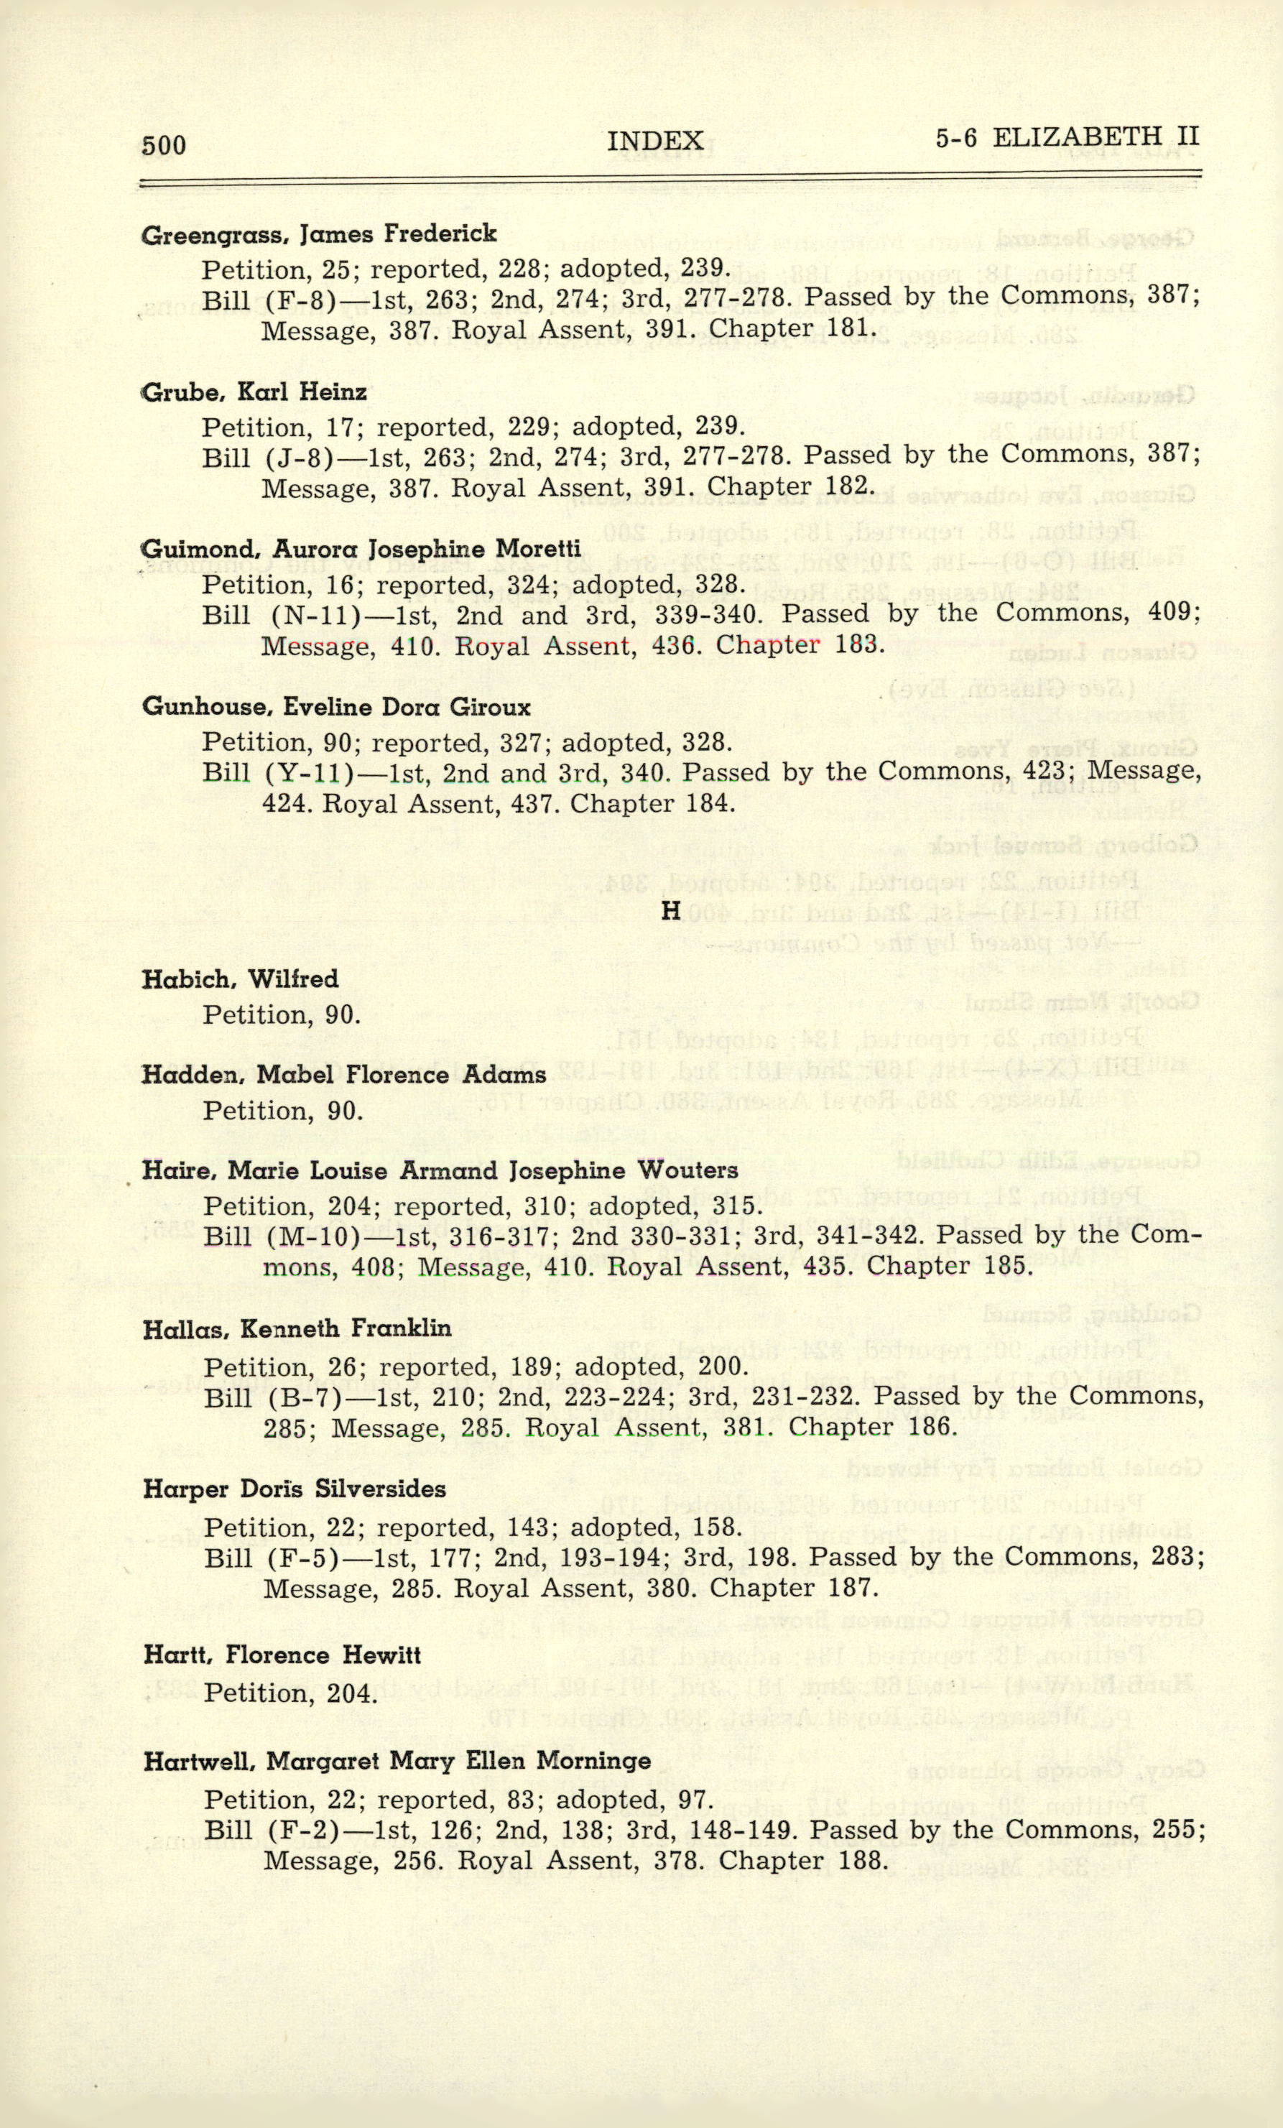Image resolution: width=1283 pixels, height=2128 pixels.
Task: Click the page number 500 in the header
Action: [x=164, y=145]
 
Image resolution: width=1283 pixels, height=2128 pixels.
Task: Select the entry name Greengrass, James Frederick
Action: [x=318, y=234]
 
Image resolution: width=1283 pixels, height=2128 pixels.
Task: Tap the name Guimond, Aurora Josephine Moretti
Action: [x=361, y=550]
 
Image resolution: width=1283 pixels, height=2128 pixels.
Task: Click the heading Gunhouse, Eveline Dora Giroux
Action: [x=336, y=708]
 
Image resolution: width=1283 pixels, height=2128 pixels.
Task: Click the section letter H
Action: [x=671, y=910]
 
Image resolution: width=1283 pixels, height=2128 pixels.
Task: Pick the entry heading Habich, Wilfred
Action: [x=240, y=979]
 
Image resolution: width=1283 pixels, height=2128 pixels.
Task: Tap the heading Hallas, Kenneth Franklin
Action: [x=297, y=1328]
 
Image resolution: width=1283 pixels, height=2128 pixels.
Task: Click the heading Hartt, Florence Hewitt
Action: [x=282, y=1655]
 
